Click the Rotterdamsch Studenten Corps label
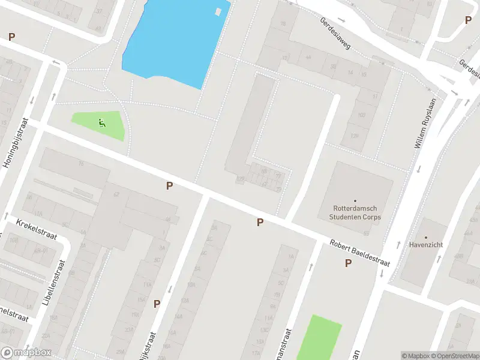(x=356, y=213)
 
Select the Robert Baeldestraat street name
(x=359, y=254)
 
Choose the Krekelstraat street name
(x=37, y=229)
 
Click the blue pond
(x=174, y=42)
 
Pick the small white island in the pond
(x=219, y=11)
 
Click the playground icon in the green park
(x=102, y=124)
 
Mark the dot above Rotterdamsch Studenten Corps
(x=355, y=201)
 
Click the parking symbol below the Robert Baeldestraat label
(x=348, y=263)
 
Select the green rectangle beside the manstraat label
(x=319, y=339)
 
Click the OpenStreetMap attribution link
(x=454, y=356)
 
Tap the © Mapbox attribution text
(x=416, y=356)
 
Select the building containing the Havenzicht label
(x=423, y=252)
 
